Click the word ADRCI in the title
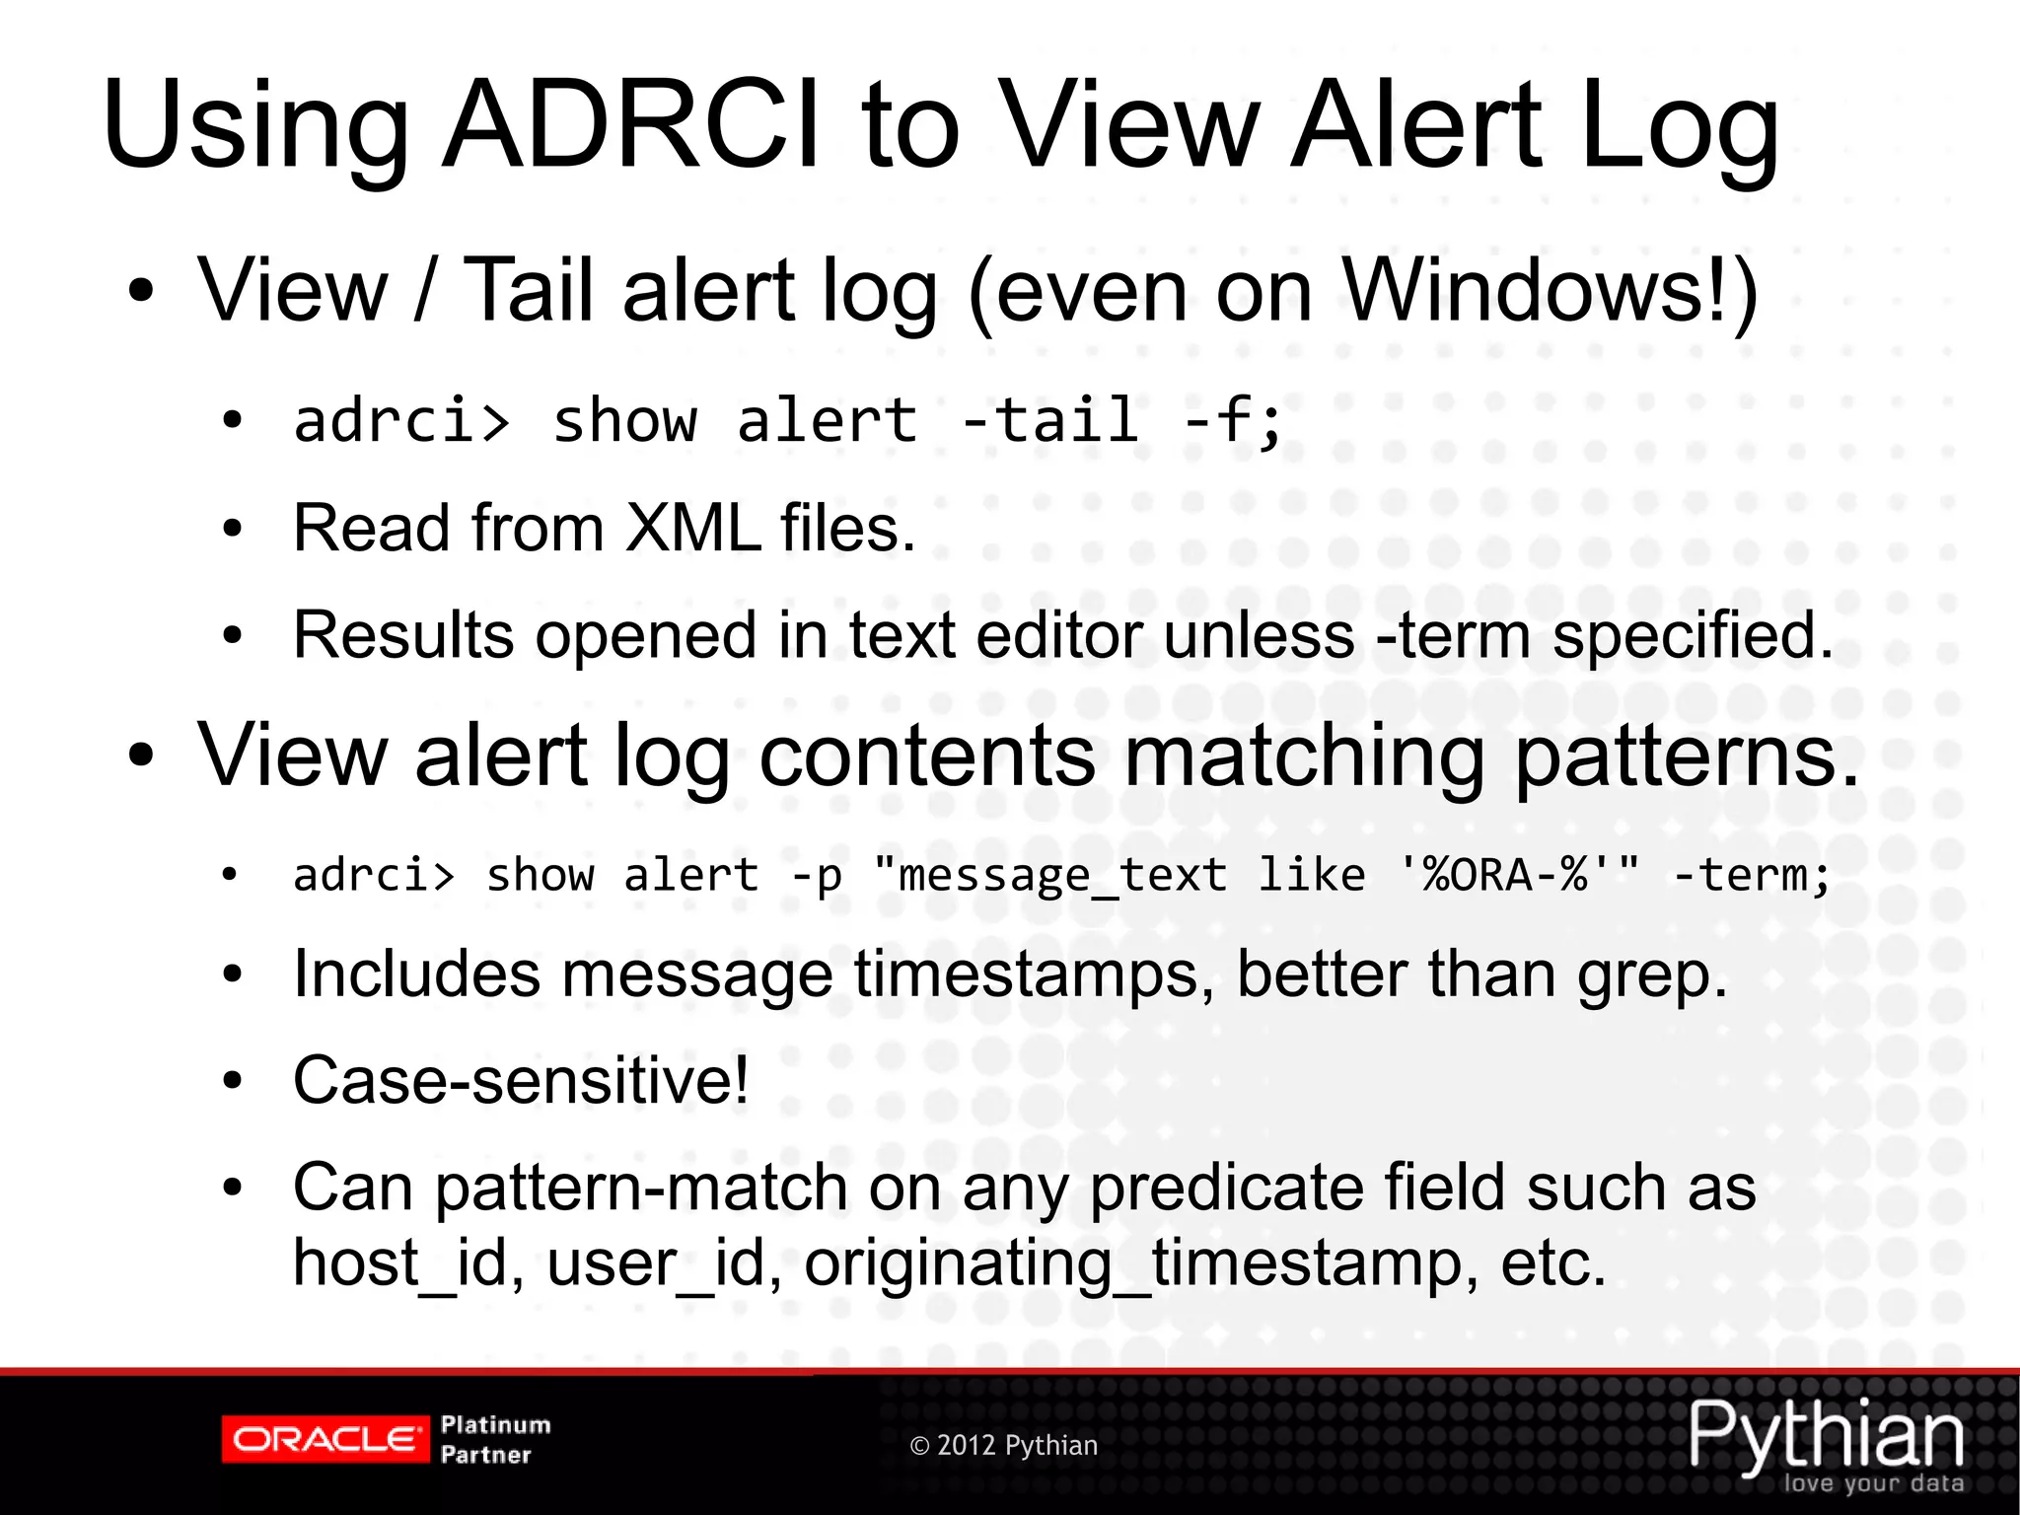click(x=631, y=125)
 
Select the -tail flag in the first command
click(x=1049, y=421)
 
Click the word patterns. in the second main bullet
click(x=1687, y=757)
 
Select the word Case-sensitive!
click(x=521, y=1081)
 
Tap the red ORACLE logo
click(x=325, y=1440)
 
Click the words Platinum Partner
click(x=495, y=1440)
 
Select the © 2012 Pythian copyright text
click(x=1003, y=1446)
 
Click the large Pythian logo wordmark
click(x=1826, y=1435)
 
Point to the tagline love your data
click(x=1873, y=1483)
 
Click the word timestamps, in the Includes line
click(x=1035, y=975)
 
